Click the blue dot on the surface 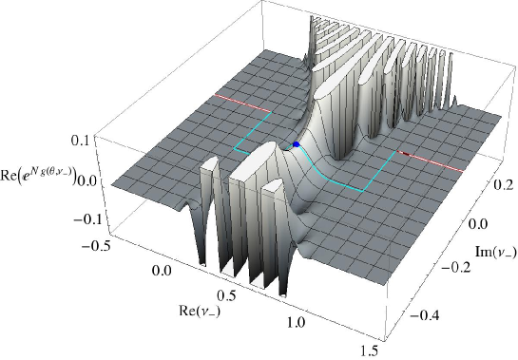click(296, 144)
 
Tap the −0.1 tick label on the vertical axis click(86, 219)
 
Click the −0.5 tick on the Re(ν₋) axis click(93, 246)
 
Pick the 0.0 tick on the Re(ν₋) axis click(162, 271)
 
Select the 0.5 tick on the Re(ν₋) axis click(226, 295)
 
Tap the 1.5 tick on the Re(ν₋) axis click(369, 351)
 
